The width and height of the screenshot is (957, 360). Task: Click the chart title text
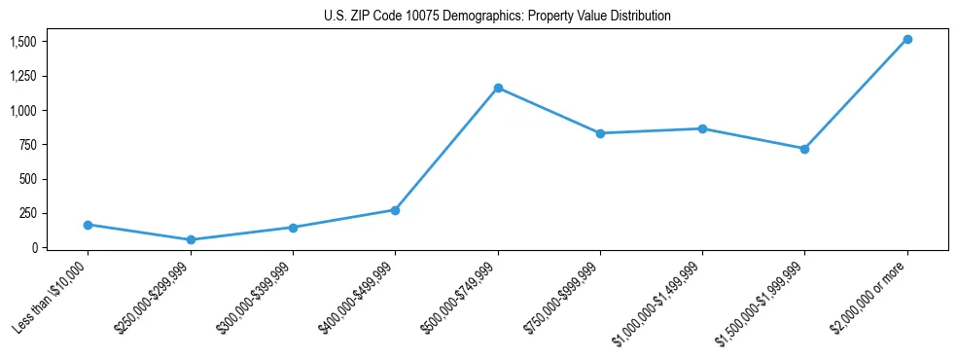point(497,16)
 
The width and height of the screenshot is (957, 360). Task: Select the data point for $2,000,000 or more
point(907,39)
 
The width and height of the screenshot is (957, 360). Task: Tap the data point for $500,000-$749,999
point(498,88)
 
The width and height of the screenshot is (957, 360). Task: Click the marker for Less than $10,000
point(89,225)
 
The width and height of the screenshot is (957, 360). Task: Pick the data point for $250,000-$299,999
point(191,239)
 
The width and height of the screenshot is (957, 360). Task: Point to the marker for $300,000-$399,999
point(293,228)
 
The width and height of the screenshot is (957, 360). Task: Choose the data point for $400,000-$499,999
point(395,210)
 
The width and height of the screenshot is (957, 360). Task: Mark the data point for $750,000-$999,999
point(600,133)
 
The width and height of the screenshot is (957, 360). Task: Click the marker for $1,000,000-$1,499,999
point(702,128)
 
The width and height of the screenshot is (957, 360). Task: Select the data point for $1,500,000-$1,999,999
point(804,149)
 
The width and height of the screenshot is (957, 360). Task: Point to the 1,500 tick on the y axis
point(23,42)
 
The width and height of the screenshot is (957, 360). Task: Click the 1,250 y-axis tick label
point(23,76)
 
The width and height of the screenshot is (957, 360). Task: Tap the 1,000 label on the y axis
point(23,111)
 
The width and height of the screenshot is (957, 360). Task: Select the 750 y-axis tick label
point(28,145)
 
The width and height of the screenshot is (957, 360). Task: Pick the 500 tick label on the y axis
point(28,179)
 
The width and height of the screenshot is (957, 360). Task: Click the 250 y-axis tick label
point(28,213)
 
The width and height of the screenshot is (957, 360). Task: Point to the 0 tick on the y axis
point(34,248)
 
